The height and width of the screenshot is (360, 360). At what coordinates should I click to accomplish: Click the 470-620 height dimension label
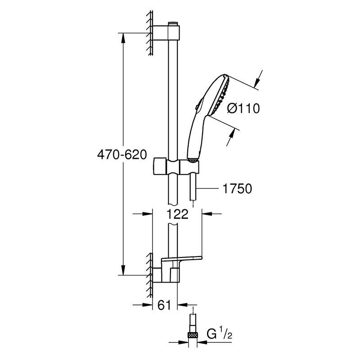click(122, 154)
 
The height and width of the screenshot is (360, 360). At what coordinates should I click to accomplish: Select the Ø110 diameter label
click(243, 108)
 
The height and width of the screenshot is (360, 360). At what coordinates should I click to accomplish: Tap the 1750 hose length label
click(237, 189)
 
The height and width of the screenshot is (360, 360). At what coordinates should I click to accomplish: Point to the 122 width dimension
click(177, 214)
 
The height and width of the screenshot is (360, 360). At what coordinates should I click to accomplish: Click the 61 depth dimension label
click(164, 305)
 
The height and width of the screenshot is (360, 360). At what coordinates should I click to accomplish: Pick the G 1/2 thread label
click(219, 334)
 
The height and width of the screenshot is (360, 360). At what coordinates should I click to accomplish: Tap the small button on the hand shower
click(197, 107)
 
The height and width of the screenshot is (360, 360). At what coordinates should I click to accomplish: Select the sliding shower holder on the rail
click(176, 166)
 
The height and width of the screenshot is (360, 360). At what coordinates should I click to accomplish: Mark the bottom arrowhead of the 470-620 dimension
click(123, 270)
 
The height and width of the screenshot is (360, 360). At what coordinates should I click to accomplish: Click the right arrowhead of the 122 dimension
click(207, 214)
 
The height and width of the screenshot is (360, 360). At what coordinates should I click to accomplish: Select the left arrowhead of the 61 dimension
click(148, 305)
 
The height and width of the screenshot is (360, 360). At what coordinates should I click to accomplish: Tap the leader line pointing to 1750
click(208, 189)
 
